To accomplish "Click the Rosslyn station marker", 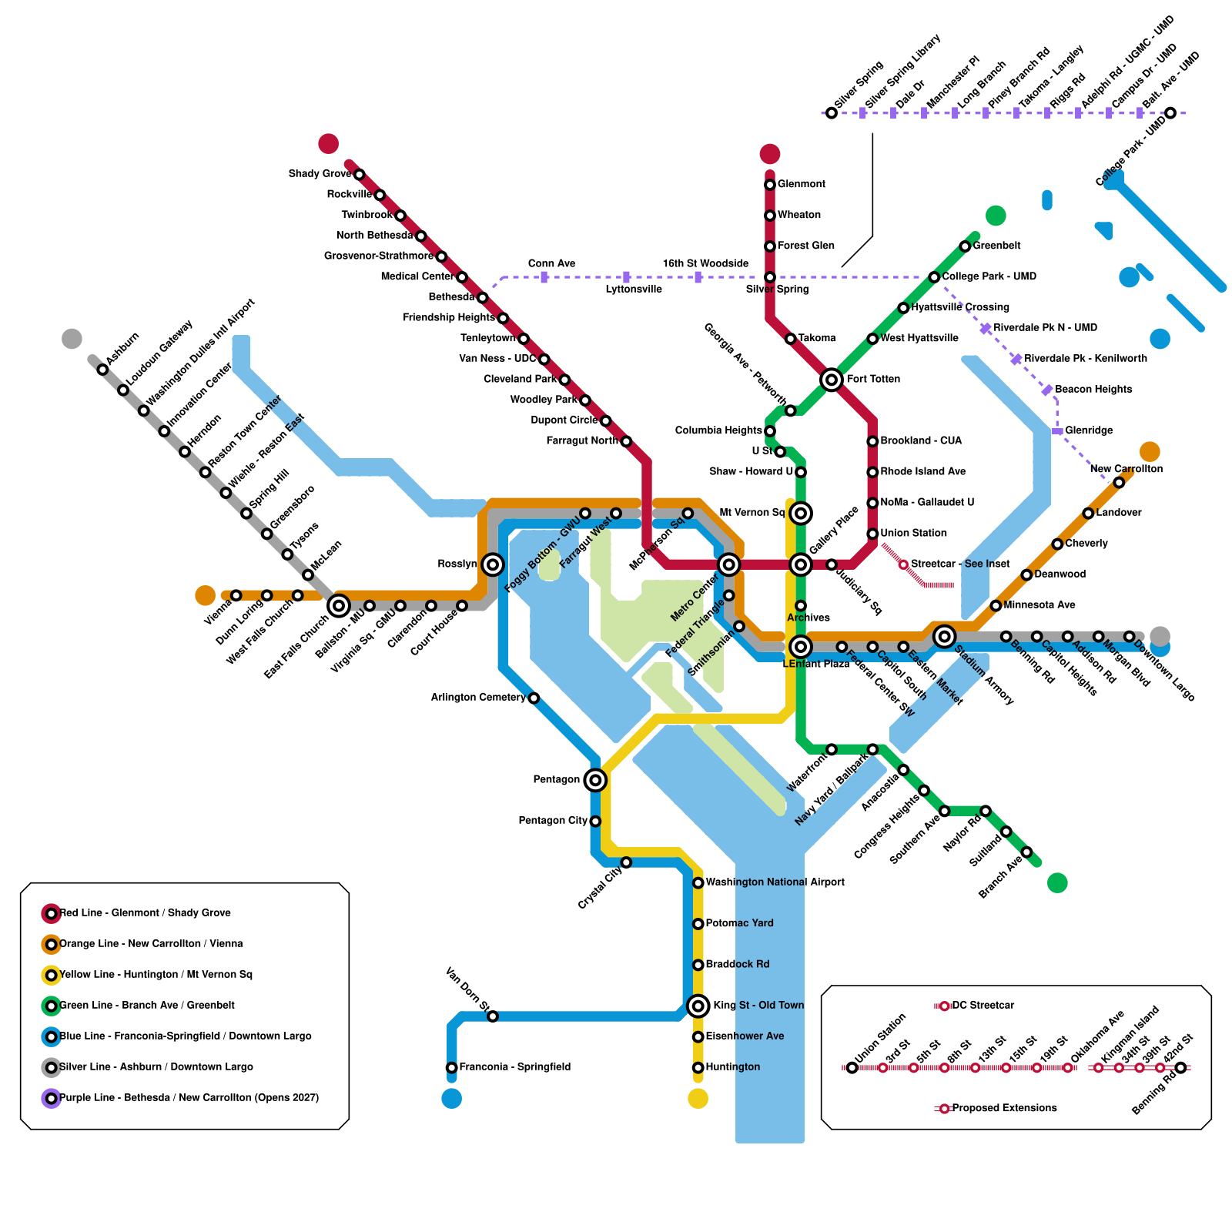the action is coord(493,564).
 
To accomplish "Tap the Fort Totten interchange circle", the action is coord(831,380).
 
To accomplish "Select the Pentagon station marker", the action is coord(594,780).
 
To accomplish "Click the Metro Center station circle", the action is coord(728,564).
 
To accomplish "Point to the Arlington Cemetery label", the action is coord(478,698).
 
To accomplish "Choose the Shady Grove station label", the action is coord(320,174).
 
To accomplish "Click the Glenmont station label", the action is coord(801,184).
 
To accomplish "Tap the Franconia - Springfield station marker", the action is coord(452,1067).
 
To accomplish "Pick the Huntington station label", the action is coord(732,1067).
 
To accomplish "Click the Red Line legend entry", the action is coord(145,913).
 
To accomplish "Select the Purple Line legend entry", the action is coord(189,1098).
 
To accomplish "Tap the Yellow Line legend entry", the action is coord(156,975).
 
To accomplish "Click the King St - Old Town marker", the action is coord(698,1006).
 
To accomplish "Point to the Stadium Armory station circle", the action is coord(944,636).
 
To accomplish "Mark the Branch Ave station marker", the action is coord(1026,852).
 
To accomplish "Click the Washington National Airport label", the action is coord(775,882).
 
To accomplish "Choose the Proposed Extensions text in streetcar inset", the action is coord(1004,1108).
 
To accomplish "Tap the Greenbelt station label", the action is coord(996,246).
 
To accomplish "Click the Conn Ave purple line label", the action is coord(551,263).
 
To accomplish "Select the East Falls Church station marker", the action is coord(339,606).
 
